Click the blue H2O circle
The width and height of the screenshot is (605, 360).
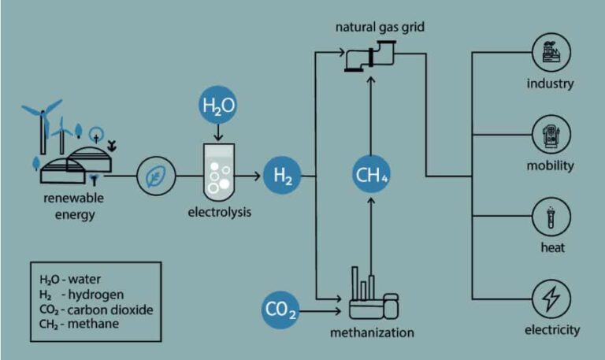217,105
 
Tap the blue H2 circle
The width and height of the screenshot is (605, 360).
282,175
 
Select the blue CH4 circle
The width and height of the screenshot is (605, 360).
371,174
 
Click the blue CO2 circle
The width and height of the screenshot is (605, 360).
280,310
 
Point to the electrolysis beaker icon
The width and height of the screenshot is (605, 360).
219,173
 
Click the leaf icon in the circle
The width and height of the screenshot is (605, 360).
156,176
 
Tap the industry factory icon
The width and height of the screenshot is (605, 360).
551,52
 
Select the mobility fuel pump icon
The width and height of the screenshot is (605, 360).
551,135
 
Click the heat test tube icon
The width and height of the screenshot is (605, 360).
551,217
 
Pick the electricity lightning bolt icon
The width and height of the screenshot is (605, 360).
551,299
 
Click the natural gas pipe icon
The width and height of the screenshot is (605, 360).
370,57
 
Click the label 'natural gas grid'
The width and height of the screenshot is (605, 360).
380,28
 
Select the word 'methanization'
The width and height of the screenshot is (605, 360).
372,332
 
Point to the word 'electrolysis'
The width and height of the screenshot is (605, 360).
220,212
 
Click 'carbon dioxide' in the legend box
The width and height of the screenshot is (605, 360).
110,310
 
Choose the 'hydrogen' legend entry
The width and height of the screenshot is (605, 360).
96,295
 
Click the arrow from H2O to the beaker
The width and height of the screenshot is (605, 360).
218,132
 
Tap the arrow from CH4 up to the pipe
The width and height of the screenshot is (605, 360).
371,115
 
